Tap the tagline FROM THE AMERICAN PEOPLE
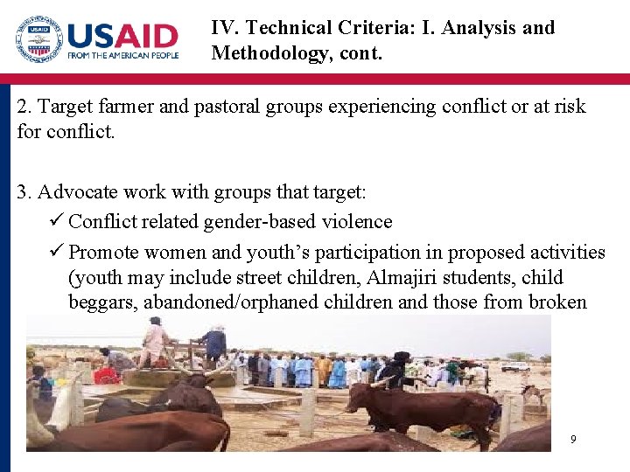pyautogui.click(x=123, y=55)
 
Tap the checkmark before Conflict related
pyautogui.click(x=57, y=222)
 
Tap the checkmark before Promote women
pyautogui.click(x=57, y=253)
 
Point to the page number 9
pyautogui.click(x=573, y=439)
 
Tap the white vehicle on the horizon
pyautogui.click(x=515, y=366)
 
